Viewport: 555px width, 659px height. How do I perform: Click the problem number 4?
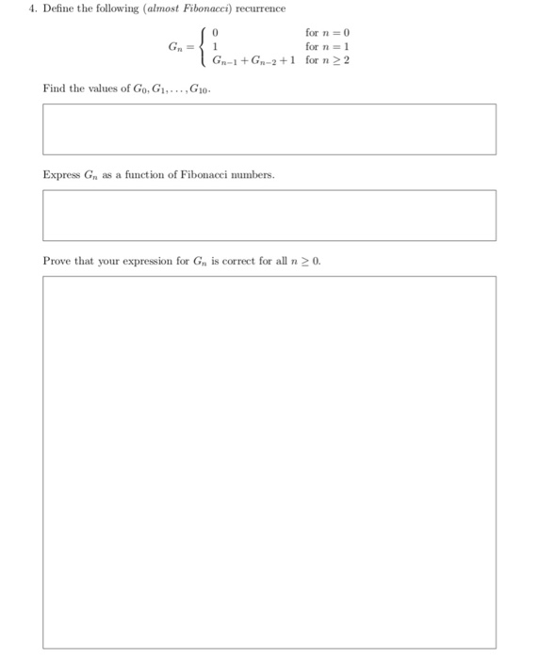pos(31,9)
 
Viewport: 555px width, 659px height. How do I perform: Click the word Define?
pos(57,9)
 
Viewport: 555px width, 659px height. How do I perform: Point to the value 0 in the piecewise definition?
pos(216,31)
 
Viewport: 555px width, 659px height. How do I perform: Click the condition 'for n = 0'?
pos(327,31)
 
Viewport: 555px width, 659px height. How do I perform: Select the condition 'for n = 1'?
pos(327,45)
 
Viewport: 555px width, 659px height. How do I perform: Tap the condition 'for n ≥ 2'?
pos(327,60)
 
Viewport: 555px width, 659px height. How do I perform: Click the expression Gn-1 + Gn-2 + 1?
pos(253,60)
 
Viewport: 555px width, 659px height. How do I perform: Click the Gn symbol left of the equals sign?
pos(174,46)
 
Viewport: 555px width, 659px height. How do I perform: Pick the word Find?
pos(54,88)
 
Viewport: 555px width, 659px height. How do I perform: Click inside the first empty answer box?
pos(269,129)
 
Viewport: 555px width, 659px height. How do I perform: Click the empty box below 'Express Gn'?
pos(269,216)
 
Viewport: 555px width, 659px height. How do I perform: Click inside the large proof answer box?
pos(269,461)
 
